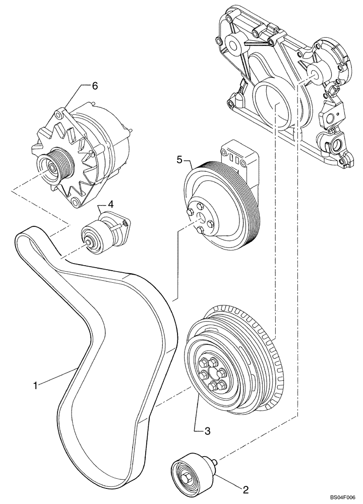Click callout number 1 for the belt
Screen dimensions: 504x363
(35, 386)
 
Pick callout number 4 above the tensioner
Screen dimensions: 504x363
(110, 205)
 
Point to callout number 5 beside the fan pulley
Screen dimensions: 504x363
(179, 160)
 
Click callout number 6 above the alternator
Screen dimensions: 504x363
(94, 86)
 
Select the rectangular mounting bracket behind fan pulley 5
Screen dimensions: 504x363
(240, 154)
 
